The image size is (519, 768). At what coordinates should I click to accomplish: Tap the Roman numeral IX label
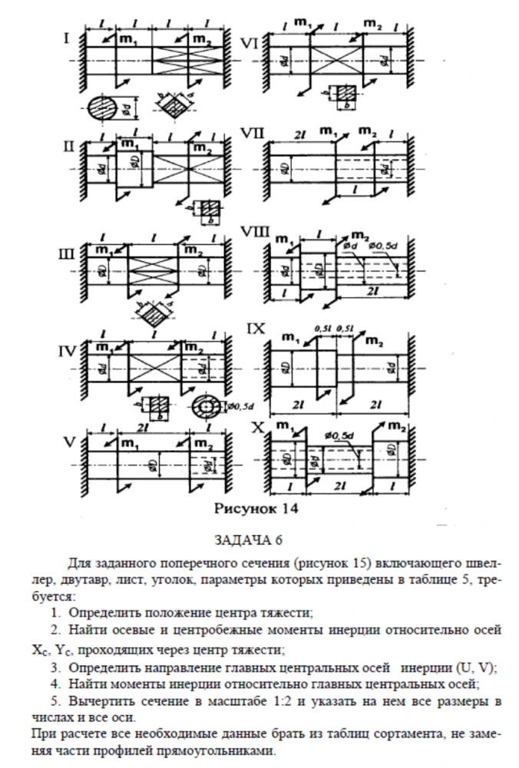click(256, 328)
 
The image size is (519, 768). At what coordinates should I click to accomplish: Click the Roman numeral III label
click(66, 251)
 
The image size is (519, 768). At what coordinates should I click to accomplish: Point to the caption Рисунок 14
click(254, 508)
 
